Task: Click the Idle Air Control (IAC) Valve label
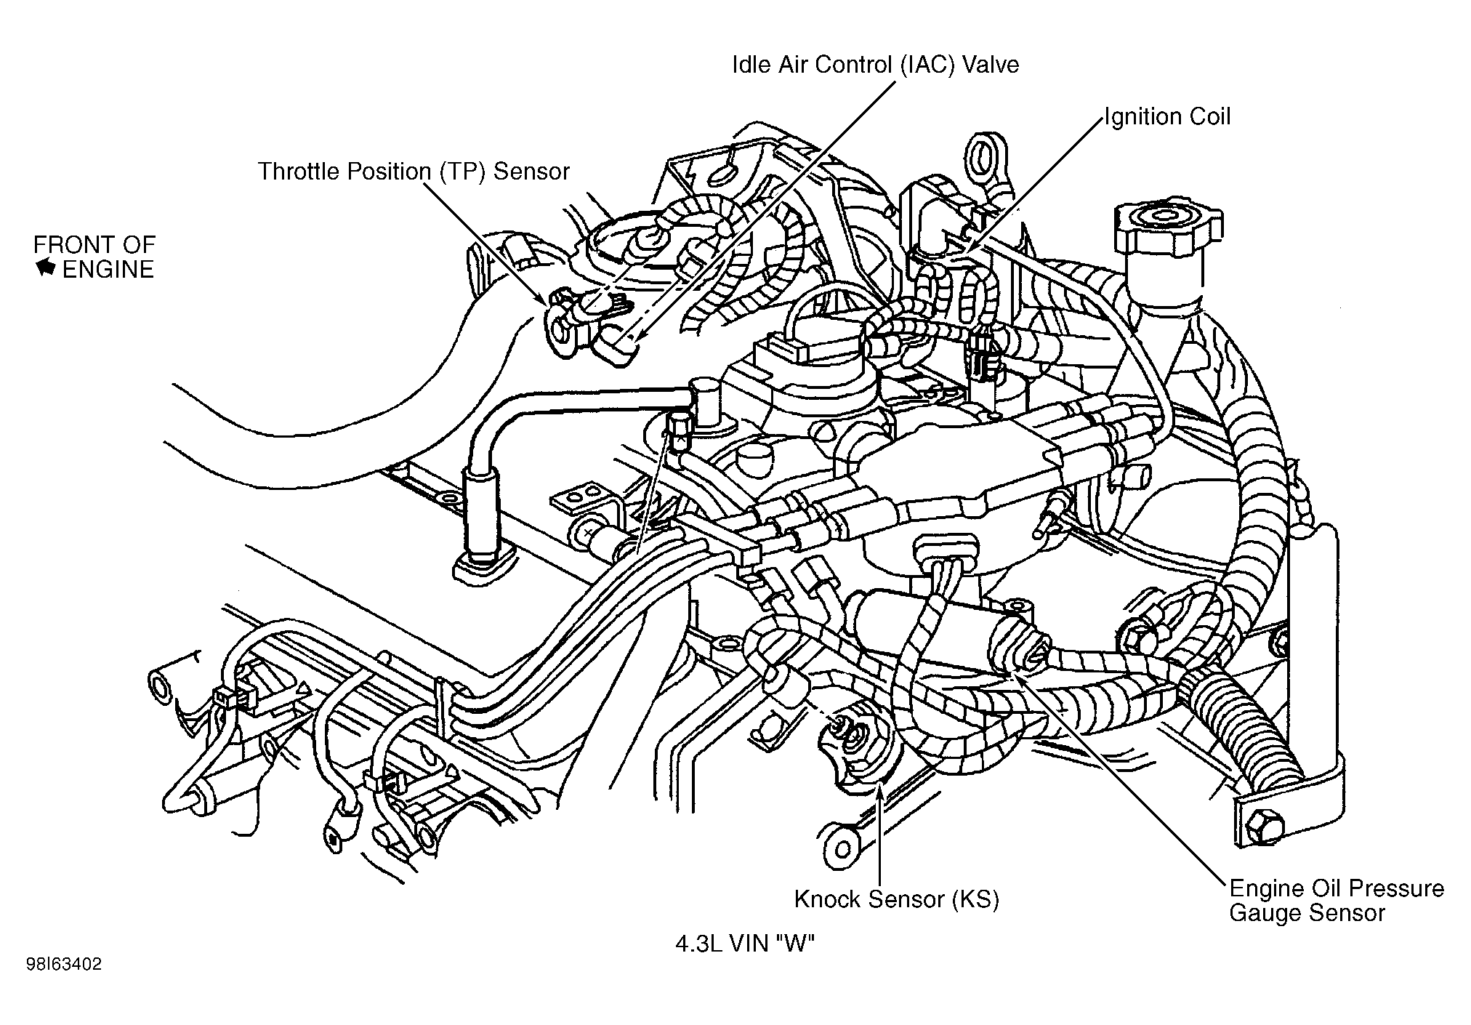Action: [875, 65]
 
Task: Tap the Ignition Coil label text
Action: [1167, 116]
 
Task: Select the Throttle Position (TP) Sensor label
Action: [414, 172]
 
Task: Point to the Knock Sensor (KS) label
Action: [897, 899]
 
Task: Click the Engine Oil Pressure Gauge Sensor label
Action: [1336, 900]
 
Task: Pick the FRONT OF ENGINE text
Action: [94, 257]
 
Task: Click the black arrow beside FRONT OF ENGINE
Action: [46, 268]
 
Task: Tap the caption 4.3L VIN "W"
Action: [745, 944]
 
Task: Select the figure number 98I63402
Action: [65, 965]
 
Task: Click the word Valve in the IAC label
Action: [991, 65]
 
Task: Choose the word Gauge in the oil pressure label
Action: [1264, 913]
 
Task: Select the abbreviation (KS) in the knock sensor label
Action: [975, 899]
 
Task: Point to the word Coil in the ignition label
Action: [1207, 116]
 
